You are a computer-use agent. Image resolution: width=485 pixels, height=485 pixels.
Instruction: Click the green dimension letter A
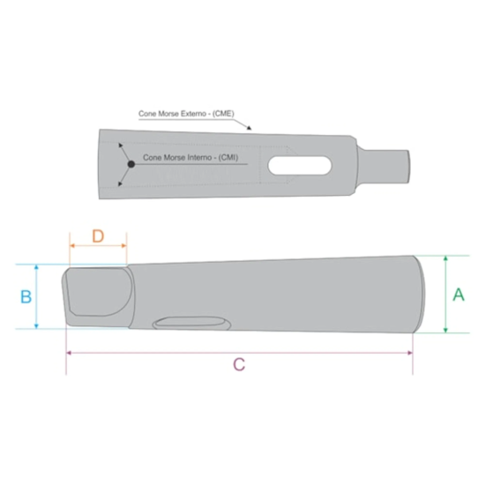tap(459, 295)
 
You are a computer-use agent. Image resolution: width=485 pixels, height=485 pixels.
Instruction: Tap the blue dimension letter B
tap(26, 296)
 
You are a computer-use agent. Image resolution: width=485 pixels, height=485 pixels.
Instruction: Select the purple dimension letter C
tap(239, 365)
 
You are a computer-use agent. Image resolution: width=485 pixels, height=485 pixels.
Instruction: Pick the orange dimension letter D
tap(98, 236)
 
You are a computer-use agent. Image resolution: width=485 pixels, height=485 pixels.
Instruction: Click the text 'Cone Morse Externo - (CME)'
tap(186, 114)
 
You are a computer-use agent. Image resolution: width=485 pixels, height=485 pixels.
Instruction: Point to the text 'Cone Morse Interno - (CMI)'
tap(190, 158)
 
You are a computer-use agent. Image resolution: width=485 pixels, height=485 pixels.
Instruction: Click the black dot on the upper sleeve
tap(131, 164)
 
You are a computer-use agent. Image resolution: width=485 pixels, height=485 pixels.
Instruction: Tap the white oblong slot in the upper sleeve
tap(300, 166)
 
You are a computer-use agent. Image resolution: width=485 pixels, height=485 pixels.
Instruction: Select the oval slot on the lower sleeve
tap(191, 324)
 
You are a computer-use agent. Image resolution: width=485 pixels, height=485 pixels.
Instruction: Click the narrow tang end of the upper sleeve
tap(384, 166)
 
